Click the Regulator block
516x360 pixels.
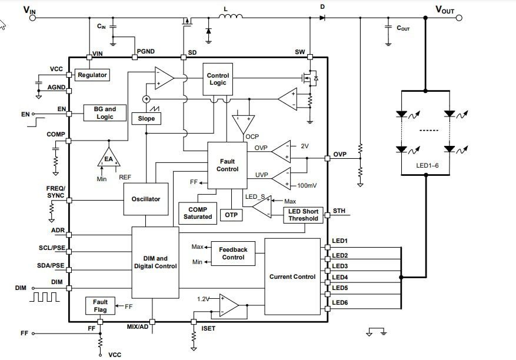click(x=92, y=75)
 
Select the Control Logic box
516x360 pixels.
click(x=218, y=79)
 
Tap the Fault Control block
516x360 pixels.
click(x=227, y=165)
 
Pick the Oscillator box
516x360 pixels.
click(x=145, y=199)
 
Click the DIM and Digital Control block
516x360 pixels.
click(x=155, y=262)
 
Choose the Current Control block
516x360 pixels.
click(x=292, y=276)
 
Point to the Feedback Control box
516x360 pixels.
click(x=233, y=254)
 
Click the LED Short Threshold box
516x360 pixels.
click(x=303, y=215)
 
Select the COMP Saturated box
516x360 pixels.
click(x=198, y=213)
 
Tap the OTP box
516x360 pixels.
click(x=231, y=215)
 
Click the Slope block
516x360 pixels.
click(x=146, y=118)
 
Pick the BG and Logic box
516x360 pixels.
click(x=105, y=113)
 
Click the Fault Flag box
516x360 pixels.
click(x=100, y=306)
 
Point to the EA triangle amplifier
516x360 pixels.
click(x=108, y=158)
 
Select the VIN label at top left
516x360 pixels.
click(x=29, y=9)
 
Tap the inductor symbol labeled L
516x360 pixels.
click(x=231, y=17)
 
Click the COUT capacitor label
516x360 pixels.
click(x=403, y=28)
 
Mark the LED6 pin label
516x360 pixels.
click(x=340, y=302)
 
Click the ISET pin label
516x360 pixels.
click(x=208, y=328)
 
